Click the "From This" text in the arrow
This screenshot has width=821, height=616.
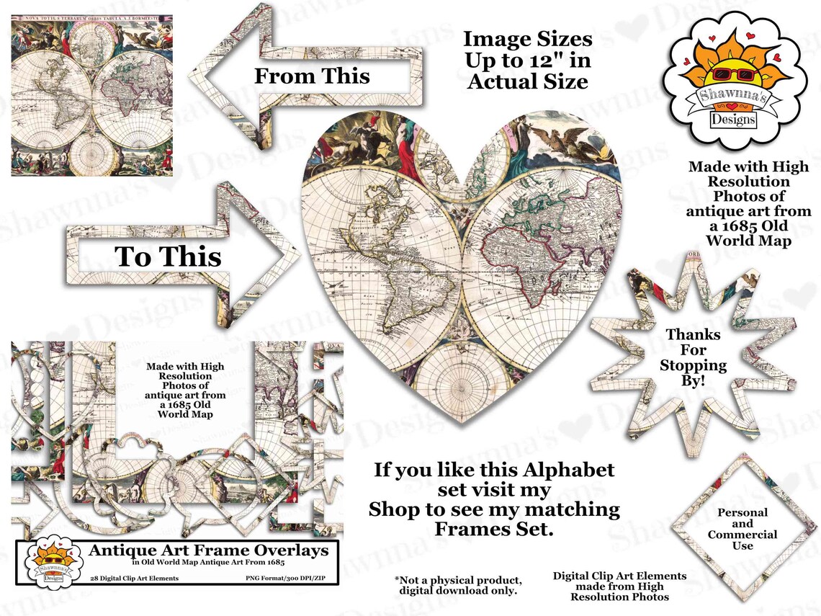(x=311, y=76)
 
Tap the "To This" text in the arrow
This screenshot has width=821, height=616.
(x=169, y=256)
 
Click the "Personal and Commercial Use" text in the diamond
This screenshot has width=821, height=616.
(x=742, y=529)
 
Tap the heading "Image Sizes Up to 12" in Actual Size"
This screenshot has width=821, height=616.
(x=527, y=60)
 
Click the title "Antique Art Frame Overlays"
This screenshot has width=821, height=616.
(x=208, y=550)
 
